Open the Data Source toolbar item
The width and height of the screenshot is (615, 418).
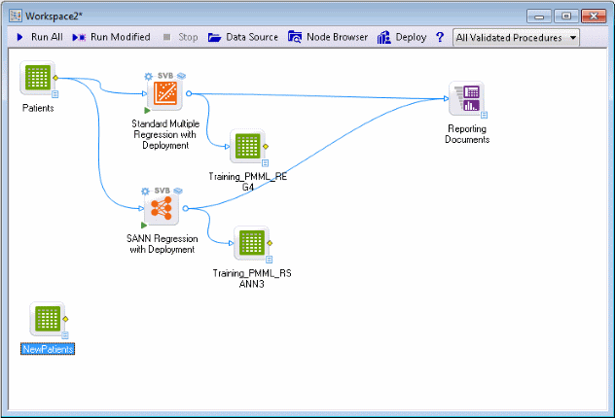[x=241, y=37]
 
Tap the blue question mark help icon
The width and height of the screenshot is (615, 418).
[x=440, y=37]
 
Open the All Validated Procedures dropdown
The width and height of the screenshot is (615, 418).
[x=516, y=38]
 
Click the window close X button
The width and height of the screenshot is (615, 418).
[x=594, y=16]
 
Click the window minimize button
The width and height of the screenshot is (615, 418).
[x=541, y=16]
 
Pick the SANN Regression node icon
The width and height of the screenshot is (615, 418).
[x=162, y=207]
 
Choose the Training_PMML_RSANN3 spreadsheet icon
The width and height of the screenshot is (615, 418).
[x=250, y=243]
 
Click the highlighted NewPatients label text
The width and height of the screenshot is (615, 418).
[x=49, y=348]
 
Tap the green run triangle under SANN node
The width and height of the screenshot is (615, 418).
[x=144, y=225]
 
